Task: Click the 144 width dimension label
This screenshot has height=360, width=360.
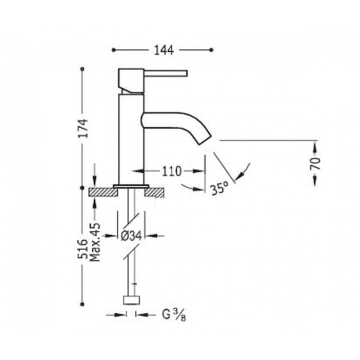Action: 164,50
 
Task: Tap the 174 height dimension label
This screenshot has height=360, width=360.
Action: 83,128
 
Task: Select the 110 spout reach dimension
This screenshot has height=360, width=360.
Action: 172,171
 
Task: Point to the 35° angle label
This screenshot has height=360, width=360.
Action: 220,188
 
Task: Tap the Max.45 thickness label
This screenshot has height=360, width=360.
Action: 95,242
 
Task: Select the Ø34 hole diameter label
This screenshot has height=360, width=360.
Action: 131,236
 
